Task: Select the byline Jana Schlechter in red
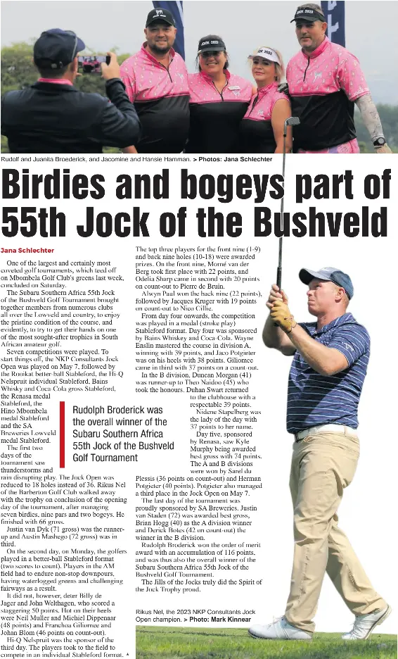point(27,250)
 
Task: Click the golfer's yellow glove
point(283,315)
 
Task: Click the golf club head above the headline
point(292,121)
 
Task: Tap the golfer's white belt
point(325,431)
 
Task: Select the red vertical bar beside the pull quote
point(63,434)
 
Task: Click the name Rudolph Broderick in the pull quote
point(117,410)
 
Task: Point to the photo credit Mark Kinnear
point(229,620)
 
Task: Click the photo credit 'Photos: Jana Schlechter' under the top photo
point(235,159)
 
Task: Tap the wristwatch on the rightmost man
point(380,142)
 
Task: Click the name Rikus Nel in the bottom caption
point(150,613)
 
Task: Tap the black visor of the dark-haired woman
point(211,44)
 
